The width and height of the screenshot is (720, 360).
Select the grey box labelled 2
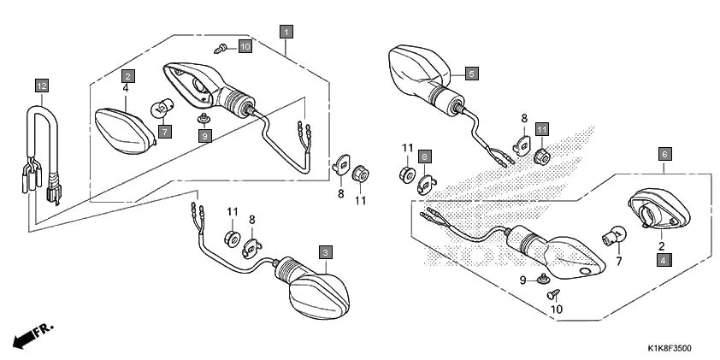126,74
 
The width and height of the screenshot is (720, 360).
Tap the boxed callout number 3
325,252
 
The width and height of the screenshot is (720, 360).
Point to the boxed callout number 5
471,74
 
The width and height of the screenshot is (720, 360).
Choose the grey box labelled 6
664,154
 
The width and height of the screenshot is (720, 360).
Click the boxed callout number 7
163,131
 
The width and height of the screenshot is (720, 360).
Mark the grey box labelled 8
425,157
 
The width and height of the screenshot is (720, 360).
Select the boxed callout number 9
204,135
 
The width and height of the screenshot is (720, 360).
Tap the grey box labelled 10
245,46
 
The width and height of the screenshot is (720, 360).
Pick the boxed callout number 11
542,129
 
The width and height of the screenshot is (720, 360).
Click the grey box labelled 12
42,85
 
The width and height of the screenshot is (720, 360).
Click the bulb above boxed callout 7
162,109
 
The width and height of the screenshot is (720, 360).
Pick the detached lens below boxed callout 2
124,128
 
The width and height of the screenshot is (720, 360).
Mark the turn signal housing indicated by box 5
419,70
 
